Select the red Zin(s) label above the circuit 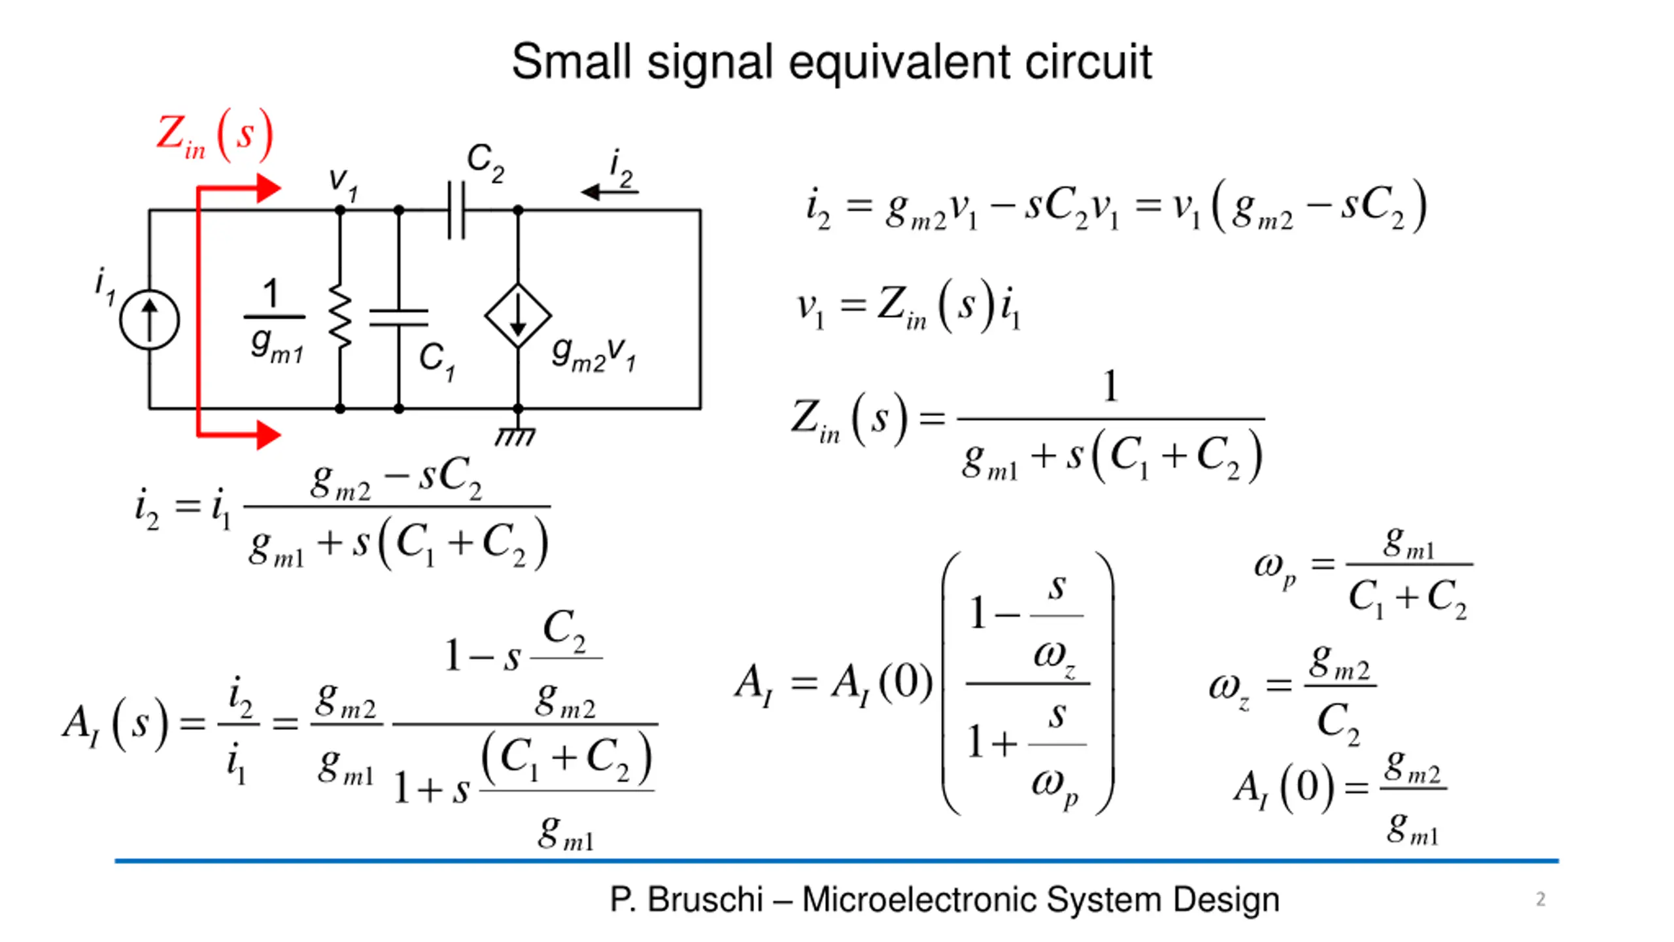(214, 135)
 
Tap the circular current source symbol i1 (149, 319)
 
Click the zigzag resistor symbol (340, 316)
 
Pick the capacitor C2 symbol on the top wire (456, 210)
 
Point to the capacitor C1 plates (399, 318)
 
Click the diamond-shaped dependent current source (518, 315)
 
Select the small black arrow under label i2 (608, 192)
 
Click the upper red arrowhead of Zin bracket (268, 188)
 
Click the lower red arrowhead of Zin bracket (268, 434)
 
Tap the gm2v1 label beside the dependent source (594, 354)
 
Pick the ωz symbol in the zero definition (1229, 689)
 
